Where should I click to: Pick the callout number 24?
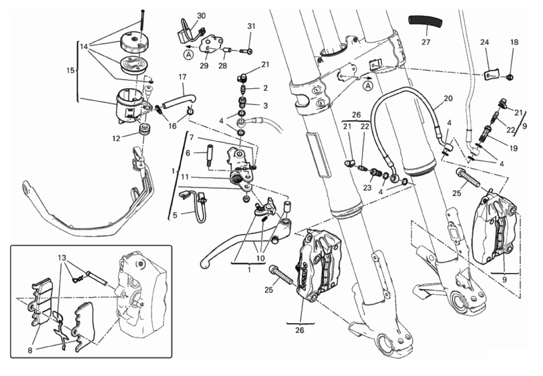(485, 43)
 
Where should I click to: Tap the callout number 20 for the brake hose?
(448, 98)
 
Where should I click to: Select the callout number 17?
(182, 77)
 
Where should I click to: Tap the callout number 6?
(188, 153)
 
